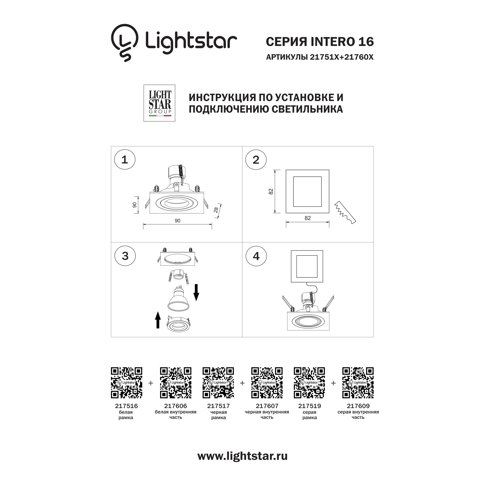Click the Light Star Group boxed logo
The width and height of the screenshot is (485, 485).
click(159, 103)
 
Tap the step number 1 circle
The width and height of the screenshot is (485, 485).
click(125, 160)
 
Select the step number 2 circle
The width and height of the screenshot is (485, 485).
click(256, 160)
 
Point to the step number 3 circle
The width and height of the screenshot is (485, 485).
click(125, 256)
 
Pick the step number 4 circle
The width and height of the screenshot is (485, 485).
click(256, 256)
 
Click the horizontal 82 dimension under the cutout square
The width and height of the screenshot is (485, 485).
click(308, 218)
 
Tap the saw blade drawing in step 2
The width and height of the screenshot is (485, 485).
click(345, 212)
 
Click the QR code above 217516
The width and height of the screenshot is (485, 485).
click(126, 383)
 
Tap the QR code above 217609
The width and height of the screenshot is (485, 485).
click(358, 383)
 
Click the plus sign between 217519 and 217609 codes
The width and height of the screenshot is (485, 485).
click(333, 383)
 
